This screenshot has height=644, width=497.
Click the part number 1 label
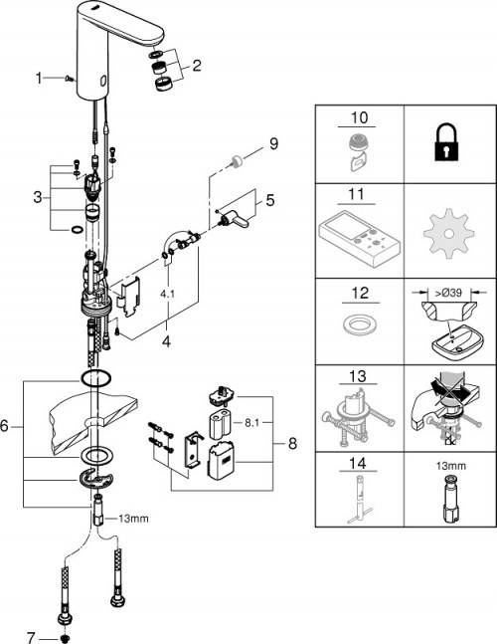39,78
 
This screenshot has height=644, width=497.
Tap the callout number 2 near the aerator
197,67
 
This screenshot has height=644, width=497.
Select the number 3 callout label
38,197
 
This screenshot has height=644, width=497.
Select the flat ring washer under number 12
360,327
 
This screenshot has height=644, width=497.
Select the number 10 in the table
360,117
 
